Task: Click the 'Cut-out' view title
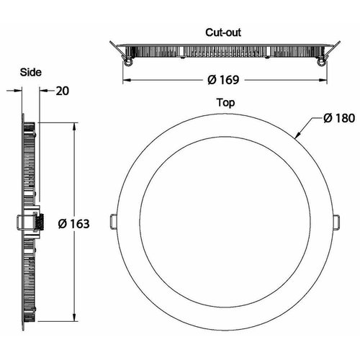[223, 32]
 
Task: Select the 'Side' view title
[31, 72]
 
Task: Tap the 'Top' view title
[225, 103]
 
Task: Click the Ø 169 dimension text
[223, 80]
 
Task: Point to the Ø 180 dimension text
[339, 118]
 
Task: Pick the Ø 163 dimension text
[74, 224]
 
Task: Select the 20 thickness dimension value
[63, 91]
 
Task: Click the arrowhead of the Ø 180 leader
[297, 135]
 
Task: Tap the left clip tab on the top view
[114, 220]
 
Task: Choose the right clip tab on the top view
[336, 220]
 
